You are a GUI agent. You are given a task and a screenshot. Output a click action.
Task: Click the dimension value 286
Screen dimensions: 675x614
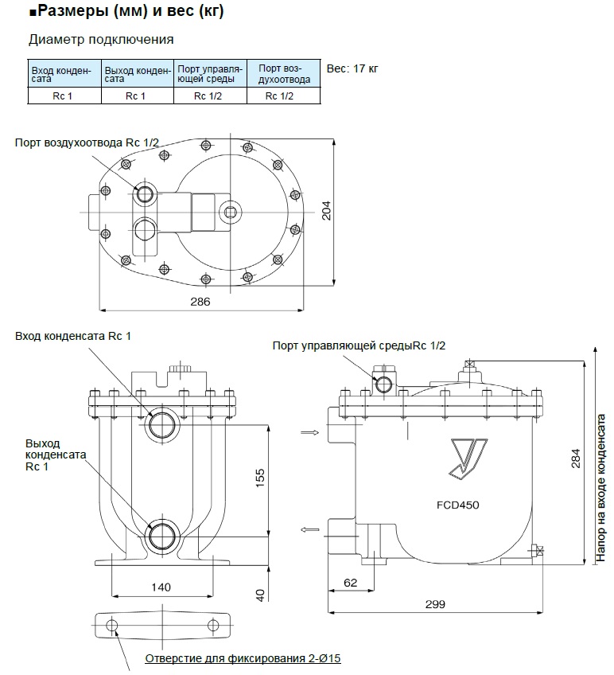(200, 302)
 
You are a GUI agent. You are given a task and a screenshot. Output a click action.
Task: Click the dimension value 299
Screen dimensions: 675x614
(434, 604)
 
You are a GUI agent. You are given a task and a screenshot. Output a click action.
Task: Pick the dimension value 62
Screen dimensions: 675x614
(351, 582)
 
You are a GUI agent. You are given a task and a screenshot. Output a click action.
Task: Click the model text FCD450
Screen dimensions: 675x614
(457, 505)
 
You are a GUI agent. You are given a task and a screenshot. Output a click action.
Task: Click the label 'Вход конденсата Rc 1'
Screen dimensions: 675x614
(73, 336)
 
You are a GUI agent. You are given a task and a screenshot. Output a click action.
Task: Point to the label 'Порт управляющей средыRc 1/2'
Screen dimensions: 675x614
(359, 345)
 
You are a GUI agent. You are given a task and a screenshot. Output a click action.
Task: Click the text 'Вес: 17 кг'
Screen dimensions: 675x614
(352, 68)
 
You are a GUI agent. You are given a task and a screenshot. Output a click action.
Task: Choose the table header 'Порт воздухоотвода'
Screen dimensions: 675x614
(282, 73)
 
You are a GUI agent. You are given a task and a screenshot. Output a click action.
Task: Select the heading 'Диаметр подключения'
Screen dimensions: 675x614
(101, 39)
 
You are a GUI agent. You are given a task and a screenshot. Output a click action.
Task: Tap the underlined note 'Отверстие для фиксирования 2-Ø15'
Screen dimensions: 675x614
(242, 660)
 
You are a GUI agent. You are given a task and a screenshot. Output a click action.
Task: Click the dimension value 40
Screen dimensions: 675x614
(259, 594)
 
